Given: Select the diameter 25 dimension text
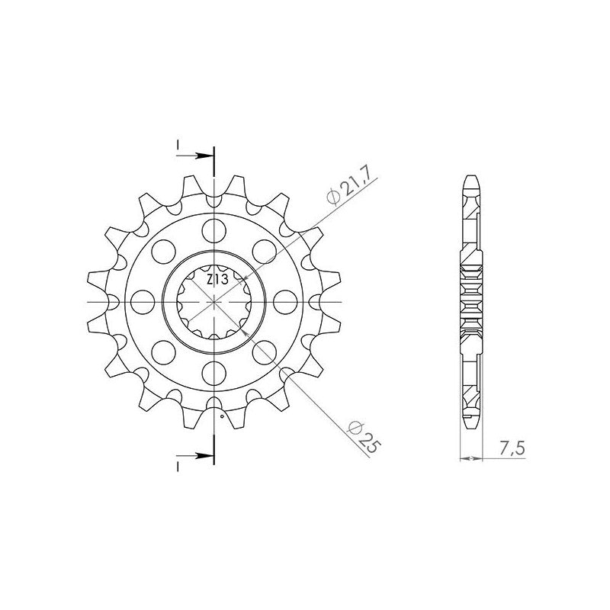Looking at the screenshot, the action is pyautogui.click(x=364, y=437).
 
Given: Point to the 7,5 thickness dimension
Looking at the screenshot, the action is pyautogui.click(x=512, y=449).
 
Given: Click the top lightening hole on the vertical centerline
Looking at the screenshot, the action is pyautogui.click(x=214, y=230).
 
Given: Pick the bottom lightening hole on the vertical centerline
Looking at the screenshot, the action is pyautogui.click(x=214, y=373).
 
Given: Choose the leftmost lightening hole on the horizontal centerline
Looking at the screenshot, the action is pyautogui.click(x=143, y=301).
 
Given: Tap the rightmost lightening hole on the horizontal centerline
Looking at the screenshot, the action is pyautogui.click(x=285, y=301).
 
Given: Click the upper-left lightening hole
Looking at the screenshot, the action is pyautogui.click(x=164, y=252).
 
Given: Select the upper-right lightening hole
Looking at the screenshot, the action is pyautogui.click(x=264, y=252).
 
